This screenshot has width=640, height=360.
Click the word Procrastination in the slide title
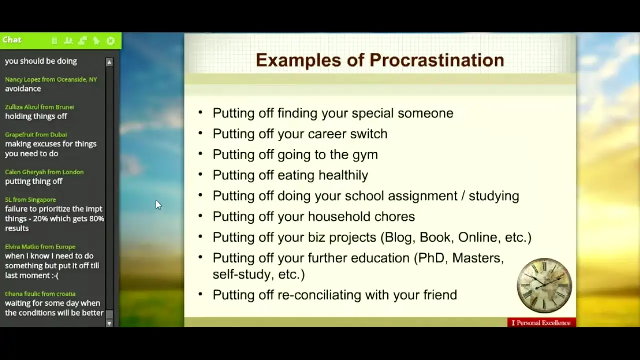pos(437,60)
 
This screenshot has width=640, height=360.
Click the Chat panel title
pos(12,40)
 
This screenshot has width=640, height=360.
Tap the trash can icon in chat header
pos(54,41)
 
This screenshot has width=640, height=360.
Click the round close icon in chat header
pos(111,41)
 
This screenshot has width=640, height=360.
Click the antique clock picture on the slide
pos(544,285)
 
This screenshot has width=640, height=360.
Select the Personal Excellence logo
pos(541,323)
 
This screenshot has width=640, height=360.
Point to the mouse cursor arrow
pos(158,205)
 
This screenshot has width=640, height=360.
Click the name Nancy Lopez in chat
pos(23,79)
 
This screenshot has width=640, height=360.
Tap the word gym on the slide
pos(365,155)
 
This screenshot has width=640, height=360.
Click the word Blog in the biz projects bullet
pos(398,237)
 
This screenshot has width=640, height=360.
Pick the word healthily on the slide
pos(343,175)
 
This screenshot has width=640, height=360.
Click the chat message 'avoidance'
pos(23,89)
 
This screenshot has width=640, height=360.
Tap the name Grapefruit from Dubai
pos(36,135)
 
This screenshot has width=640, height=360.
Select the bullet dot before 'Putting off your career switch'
pos(200,133)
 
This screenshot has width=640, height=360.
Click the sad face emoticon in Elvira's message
pos(55,275)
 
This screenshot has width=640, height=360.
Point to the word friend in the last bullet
pos(440,295)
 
